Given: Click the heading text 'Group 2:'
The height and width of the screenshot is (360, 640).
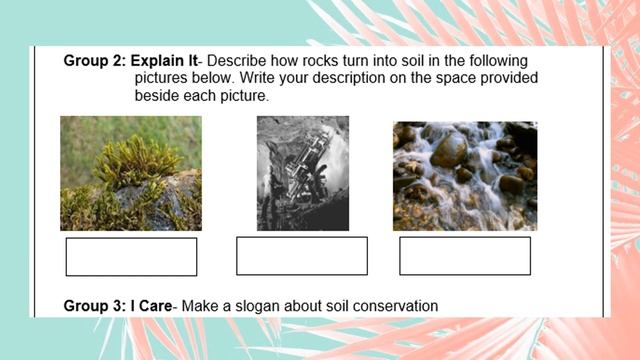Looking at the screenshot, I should [x=95, y=61].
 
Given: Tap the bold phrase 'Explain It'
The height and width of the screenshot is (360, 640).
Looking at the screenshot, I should [x=165, y=61].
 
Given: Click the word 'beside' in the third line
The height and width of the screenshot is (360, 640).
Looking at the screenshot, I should [x=157, y=96].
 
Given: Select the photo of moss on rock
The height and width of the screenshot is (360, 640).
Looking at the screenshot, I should [x=130, y=173].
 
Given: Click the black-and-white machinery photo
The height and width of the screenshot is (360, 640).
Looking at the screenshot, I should [x=303, y=173].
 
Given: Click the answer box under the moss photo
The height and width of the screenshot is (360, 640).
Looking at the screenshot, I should [x=131, y=257].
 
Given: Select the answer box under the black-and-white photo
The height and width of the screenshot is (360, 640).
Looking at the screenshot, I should [x=302, y=256].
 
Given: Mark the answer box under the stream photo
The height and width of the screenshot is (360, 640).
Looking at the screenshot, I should [x=465, y=256].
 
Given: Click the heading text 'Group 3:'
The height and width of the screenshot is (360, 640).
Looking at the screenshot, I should [x=95, y=305].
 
